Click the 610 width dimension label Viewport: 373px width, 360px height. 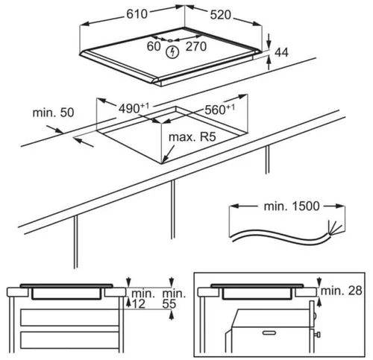[137, 14]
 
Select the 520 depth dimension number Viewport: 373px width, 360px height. [221, 15]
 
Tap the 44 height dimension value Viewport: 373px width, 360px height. [282, 53]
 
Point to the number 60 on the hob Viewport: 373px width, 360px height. [154, 46]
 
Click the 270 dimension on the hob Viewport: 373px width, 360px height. [196, 46]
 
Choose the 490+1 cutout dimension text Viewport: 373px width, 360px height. [134, 108]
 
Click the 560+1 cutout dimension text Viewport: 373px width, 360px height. [219, 110]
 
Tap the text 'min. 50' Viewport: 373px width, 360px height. [53, 113]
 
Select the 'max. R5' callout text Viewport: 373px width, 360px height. [192, 137]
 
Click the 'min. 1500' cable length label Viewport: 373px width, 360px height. [292, 206]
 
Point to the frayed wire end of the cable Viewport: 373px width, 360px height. [334, 228]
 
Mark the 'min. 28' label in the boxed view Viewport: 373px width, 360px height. [341, 291]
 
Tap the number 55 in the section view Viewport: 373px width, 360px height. [169, 304]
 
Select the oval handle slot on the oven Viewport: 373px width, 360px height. [269, 332]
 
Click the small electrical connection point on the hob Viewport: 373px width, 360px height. [170, 40]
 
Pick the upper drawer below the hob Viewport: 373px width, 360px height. [70, 318]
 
